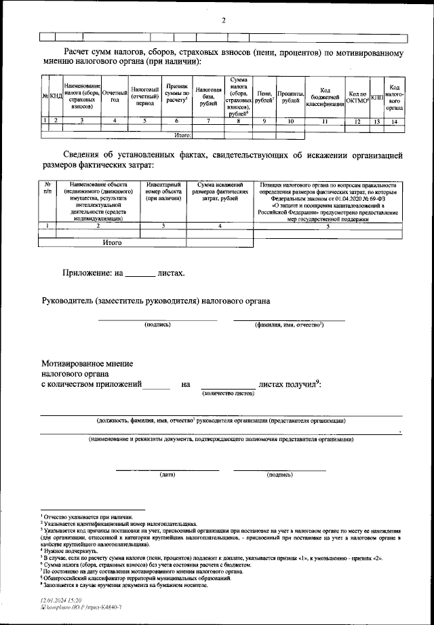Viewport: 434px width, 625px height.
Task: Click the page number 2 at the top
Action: click(222, 20)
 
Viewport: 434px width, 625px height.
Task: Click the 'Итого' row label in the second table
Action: click(112, 241)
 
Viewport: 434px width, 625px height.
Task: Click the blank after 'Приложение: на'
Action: click(140, 275)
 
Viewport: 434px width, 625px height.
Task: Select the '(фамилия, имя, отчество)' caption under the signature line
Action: click(289, 325)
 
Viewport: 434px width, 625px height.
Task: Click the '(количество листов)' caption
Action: click(228, 393)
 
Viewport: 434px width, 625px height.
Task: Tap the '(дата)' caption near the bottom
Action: click(167, 474)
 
